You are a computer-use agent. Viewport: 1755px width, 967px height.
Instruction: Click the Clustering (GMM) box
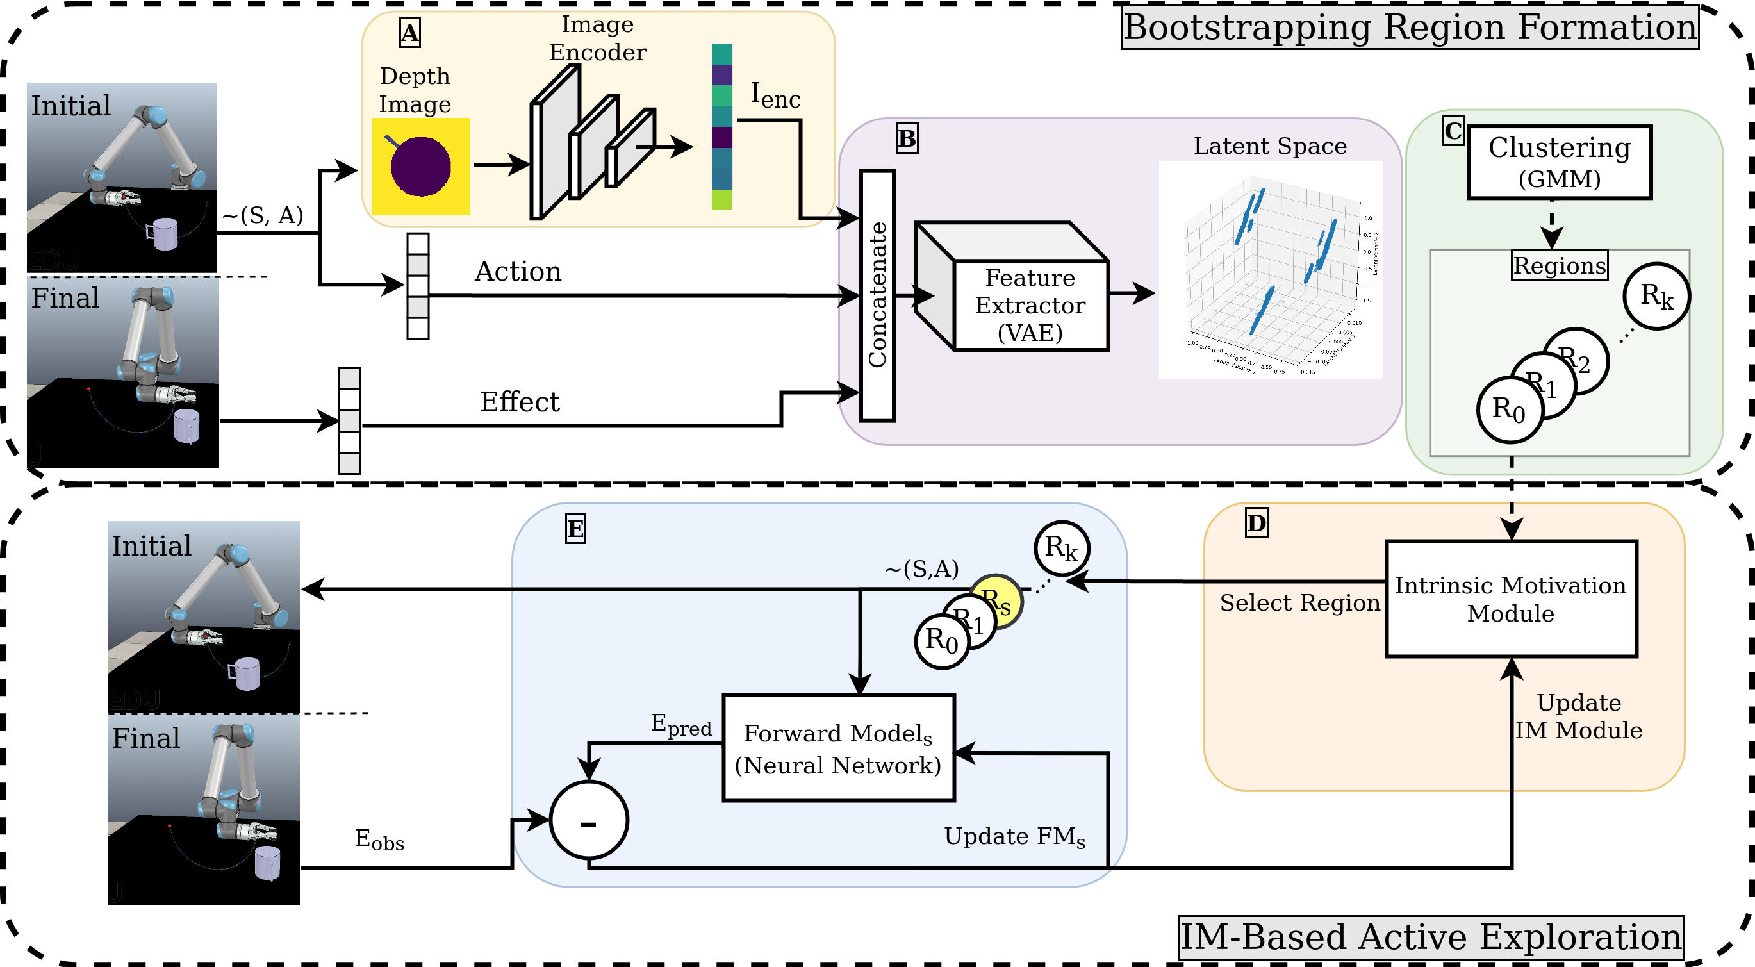pos(1559,162)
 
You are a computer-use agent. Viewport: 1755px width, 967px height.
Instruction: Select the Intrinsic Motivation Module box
pos(1510,599)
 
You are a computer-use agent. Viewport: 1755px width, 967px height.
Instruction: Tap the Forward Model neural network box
pos(838,748)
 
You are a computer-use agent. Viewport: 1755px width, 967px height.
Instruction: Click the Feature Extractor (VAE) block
pos(1030,304)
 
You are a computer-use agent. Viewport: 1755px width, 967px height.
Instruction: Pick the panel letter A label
pos(409,33)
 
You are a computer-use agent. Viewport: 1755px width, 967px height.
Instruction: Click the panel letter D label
pos(1256,524)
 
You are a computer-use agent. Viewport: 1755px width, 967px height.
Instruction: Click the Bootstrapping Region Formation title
pos(1409,28)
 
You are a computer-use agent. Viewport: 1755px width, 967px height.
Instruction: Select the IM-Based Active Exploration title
pos(1431,937)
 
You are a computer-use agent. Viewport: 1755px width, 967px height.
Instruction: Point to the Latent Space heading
pos(1269,146)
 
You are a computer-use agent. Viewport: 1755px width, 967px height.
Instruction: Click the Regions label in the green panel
pos(1559,265)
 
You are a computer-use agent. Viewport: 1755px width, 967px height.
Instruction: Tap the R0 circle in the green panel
pos(1510,409)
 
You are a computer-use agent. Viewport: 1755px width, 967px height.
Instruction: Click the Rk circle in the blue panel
pos(1061,547)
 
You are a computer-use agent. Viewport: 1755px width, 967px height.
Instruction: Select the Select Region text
pos(1299,603)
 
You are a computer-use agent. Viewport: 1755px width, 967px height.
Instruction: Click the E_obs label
pos(379,839)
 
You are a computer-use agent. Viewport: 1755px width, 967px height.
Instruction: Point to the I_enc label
pos(775,95)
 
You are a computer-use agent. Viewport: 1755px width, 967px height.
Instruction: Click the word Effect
pos(519,402)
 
